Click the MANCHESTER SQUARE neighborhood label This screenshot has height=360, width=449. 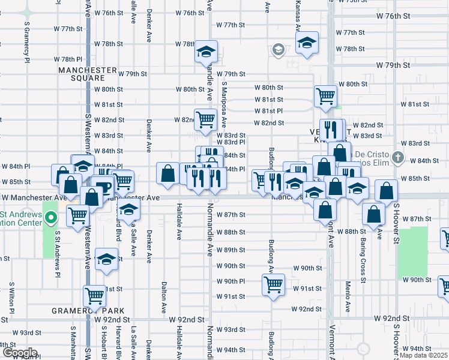point(88,74)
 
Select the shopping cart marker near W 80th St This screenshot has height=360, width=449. point(325,94)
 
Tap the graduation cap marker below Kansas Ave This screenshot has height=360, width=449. point(307,43)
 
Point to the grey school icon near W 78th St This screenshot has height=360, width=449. point(278,49)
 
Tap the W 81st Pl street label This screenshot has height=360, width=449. point(268,111)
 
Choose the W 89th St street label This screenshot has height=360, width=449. point(231,250)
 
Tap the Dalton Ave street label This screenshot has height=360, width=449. point(164,298)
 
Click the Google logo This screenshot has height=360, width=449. point(19,353)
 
